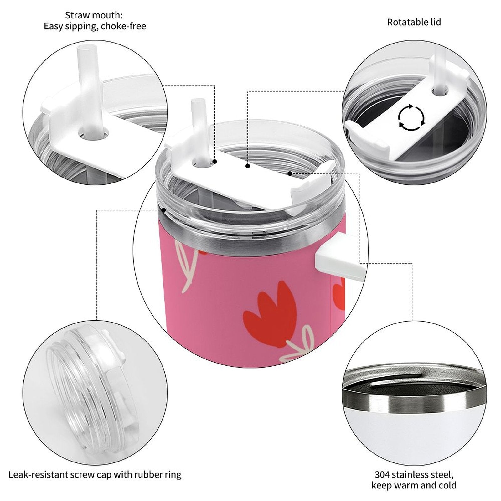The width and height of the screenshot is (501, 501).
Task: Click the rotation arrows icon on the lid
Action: point(411,118)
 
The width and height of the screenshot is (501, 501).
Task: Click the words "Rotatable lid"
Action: point(414,22)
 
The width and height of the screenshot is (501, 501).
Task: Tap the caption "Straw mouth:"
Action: point(94,15)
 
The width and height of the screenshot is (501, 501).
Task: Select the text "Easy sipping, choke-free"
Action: point(95,26)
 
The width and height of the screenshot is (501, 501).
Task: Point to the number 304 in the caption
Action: point(382,474)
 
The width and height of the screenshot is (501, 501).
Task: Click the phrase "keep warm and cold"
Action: point(414,486)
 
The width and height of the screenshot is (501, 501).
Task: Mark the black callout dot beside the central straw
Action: point(215,162)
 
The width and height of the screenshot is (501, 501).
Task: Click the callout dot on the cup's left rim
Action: point(163,210)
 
